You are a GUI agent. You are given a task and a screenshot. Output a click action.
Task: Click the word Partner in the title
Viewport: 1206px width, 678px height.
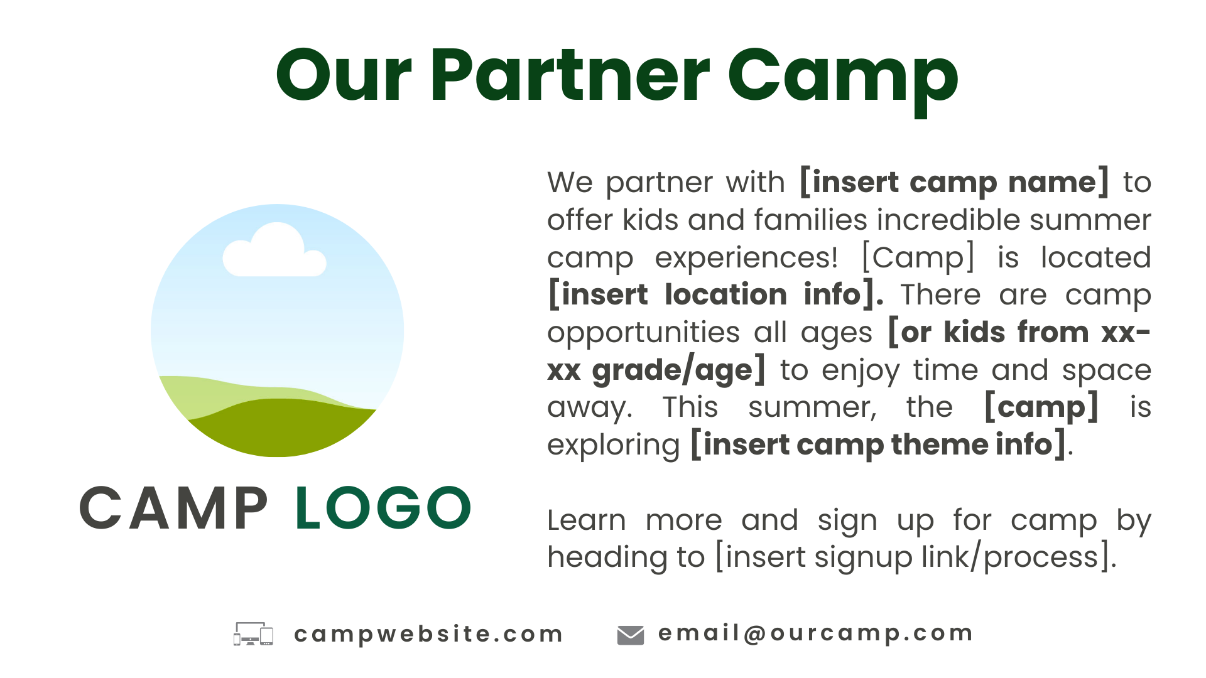[x=570, y=75]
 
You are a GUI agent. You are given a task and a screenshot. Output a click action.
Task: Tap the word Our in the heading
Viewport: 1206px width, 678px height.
[x=344, y=75]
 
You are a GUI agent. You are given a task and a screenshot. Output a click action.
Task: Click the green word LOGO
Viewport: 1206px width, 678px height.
[x=383, y=508]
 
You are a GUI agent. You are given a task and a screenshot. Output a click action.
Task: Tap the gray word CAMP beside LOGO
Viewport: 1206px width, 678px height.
[x=174, y=508]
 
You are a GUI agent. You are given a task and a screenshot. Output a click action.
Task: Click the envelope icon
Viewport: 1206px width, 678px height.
[x=631, y=635]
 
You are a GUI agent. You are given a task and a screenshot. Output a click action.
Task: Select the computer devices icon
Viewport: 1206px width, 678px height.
[x=253, y=634]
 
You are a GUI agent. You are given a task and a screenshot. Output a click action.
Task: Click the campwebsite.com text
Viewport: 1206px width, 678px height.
[x=428, y=634]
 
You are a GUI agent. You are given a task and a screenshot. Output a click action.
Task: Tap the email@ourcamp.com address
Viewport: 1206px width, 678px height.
[x=815, y=633]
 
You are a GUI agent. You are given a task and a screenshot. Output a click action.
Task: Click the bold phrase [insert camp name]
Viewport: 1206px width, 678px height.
[x=954, y=182]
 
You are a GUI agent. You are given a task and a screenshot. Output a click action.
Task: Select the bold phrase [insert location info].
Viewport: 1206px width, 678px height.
[x=716, y=294]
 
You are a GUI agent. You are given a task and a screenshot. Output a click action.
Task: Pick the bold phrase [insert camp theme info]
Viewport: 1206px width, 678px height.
[x=878, y=444]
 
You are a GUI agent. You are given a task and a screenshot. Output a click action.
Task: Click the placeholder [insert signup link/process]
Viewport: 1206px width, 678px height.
[x=915, y=557]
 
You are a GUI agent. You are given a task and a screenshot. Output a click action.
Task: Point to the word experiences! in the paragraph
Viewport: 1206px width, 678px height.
[x=746, y=258]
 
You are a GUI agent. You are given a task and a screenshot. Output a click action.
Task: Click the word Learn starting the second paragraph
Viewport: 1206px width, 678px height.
[x=587, y=520]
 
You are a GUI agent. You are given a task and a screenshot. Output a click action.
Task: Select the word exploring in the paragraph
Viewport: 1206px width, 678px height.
[x=614, y=445]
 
